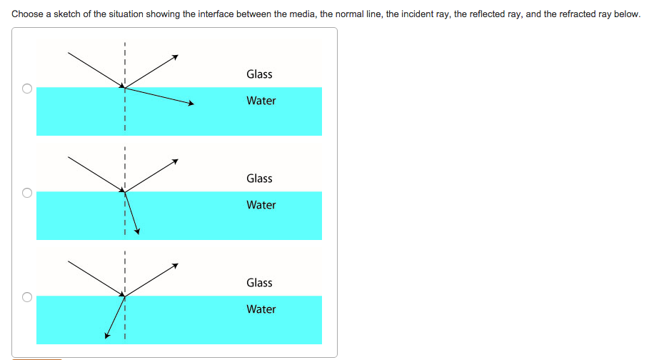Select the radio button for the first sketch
tap(26, 89)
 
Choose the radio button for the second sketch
tap(26, 193)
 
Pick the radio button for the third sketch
tap(26, 297)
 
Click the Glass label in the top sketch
tap(259, 74)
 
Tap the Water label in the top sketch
tap(261, 101)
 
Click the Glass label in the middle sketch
tap(259, 179)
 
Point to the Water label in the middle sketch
tap(261, 205)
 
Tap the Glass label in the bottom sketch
tap(259, 283)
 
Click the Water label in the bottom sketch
tap(261, 309)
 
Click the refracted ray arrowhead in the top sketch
tap(191, 104)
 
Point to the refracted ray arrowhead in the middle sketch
tap(137, 231)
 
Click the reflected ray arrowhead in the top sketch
tap(175, 56)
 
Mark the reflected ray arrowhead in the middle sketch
tap(175, 161)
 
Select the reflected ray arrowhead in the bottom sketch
tap(175, 265)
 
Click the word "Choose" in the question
tap(28, 14)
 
